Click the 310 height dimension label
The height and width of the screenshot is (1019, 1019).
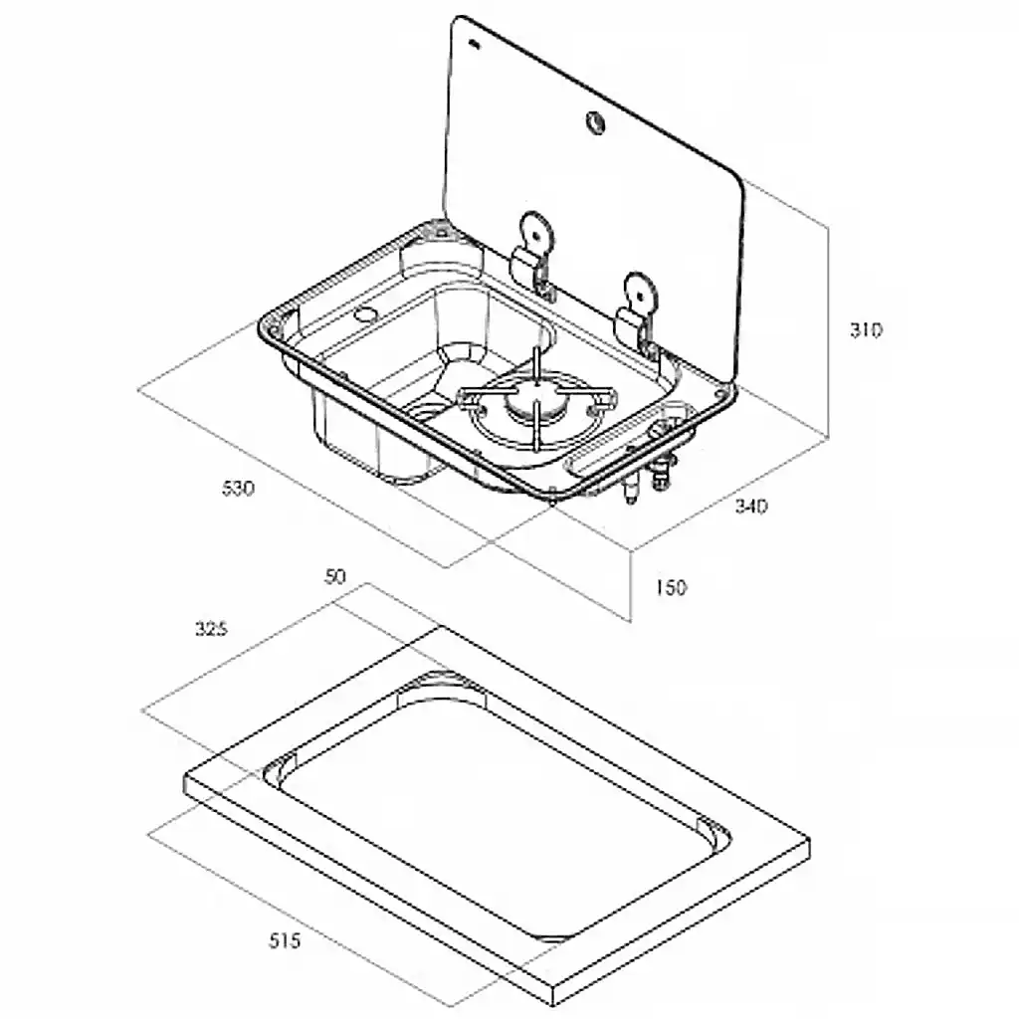[866, 330]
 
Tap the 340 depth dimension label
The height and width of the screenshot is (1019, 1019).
[750, 506]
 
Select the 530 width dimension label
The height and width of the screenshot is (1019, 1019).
[238, 488]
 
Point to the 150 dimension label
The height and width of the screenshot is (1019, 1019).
[670, 587]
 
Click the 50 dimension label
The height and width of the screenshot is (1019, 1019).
[335, 576]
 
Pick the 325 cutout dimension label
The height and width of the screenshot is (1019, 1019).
[211, 629]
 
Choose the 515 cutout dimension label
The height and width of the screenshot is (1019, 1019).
[285, 940]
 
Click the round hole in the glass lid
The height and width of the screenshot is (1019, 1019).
[595, 121]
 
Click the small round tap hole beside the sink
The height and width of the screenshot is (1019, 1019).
[365, 315]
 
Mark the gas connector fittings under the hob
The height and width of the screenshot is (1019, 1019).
[650, 478]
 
